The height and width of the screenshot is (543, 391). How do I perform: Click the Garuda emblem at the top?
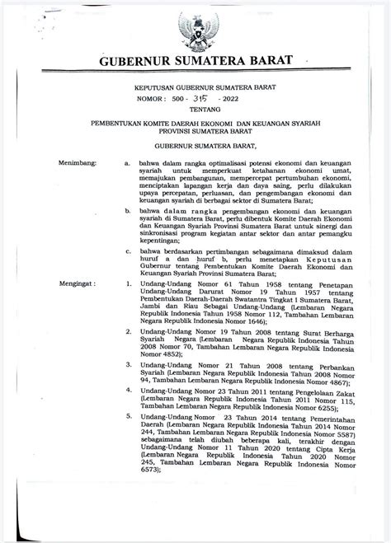coord(195,30)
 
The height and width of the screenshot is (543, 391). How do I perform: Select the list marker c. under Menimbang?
coord(128,250)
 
